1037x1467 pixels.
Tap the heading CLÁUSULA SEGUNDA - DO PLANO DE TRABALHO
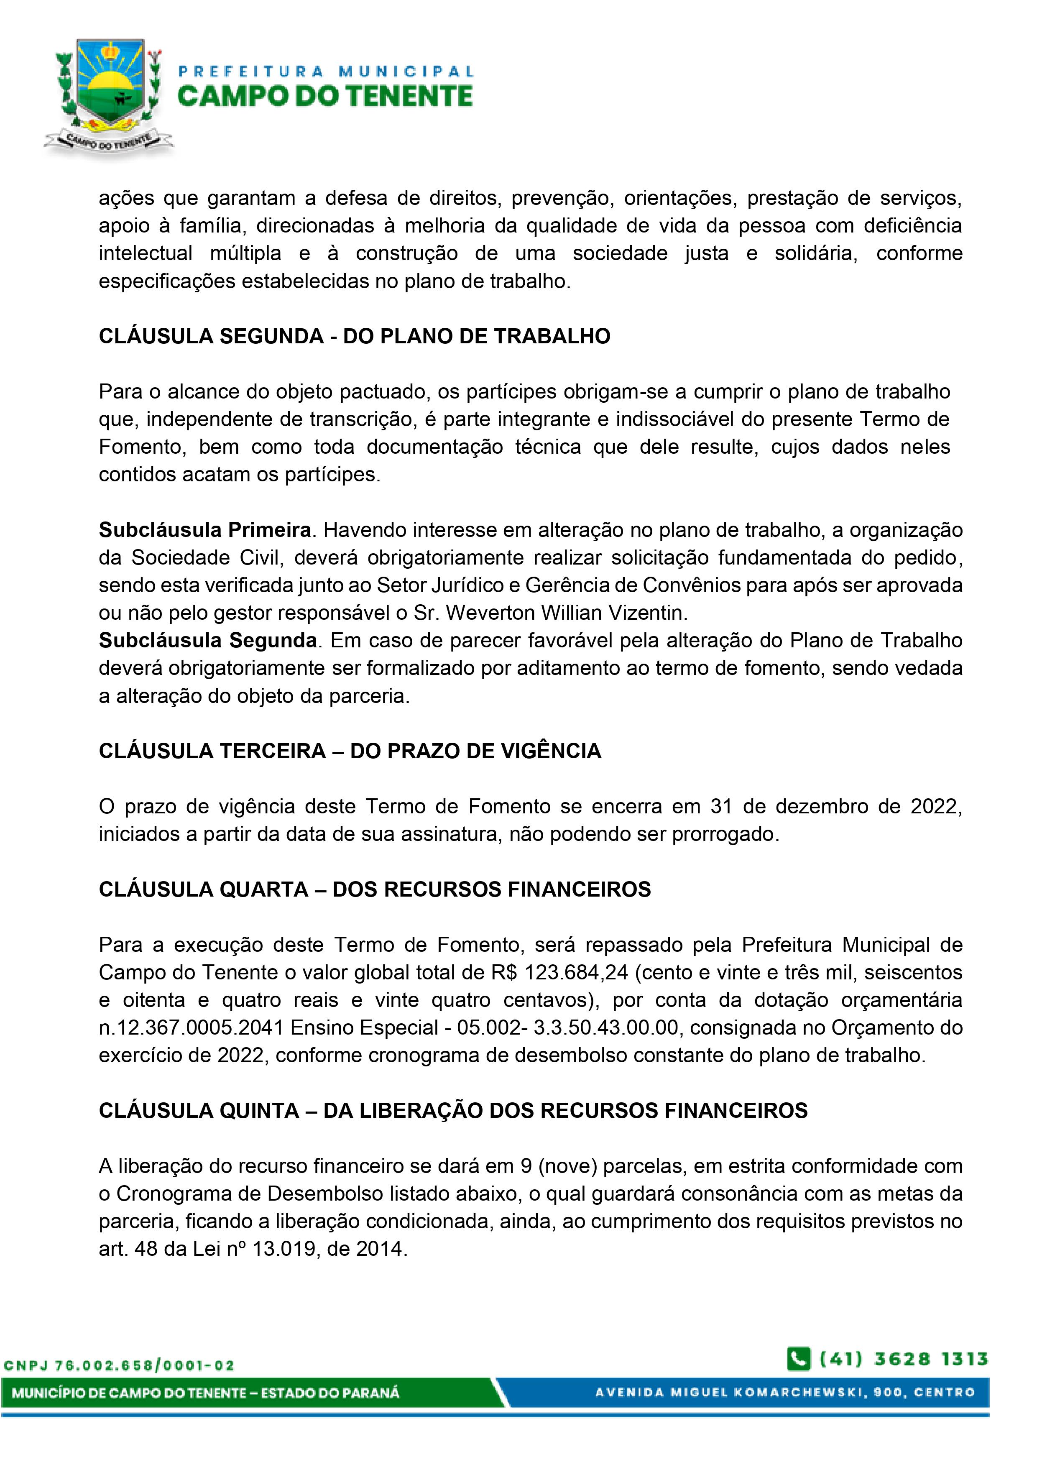coord(354,336)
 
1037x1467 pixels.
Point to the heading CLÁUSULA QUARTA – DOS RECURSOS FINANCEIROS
coord(374,889)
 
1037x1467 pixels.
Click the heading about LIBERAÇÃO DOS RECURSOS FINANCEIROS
coord(453,1110)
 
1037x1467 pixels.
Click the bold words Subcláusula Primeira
coord(204,530)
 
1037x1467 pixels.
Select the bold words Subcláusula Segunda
coord(208,640)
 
